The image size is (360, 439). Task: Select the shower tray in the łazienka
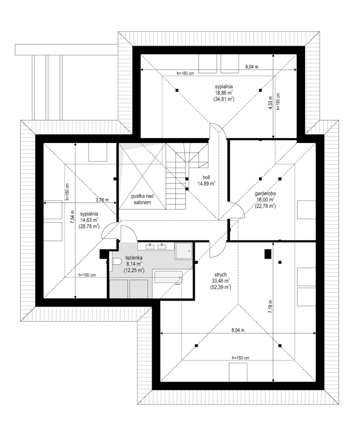[x=184, y=251]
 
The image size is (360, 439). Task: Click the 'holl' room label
[x=206, y=178]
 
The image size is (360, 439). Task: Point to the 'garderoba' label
[x=265, y=194]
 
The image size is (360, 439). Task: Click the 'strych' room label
[x=221, y=275]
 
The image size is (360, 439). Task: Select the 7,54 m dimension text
[x=72, y=216]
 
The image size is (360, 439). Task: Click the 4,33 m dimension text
[x=270, y=103]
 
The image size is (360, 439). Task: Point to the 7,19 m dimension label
[x=270, y=307]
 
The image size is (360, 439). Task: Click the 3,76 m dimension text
[x=102, y=200]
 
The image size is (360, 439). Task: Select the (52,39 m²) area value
[x=220, y=287]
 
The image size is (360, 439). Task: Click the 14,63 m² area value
[x=88, y=220]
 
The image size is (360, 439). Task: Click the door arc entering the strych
[x=217, y=249]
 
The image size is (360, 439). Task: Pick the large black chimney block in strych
[x=268, y=254]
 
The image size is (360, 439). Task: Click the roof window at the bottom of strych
[x=238, y=372]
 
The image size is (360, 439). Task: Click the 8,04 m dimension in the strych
[x=238, y=330]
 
